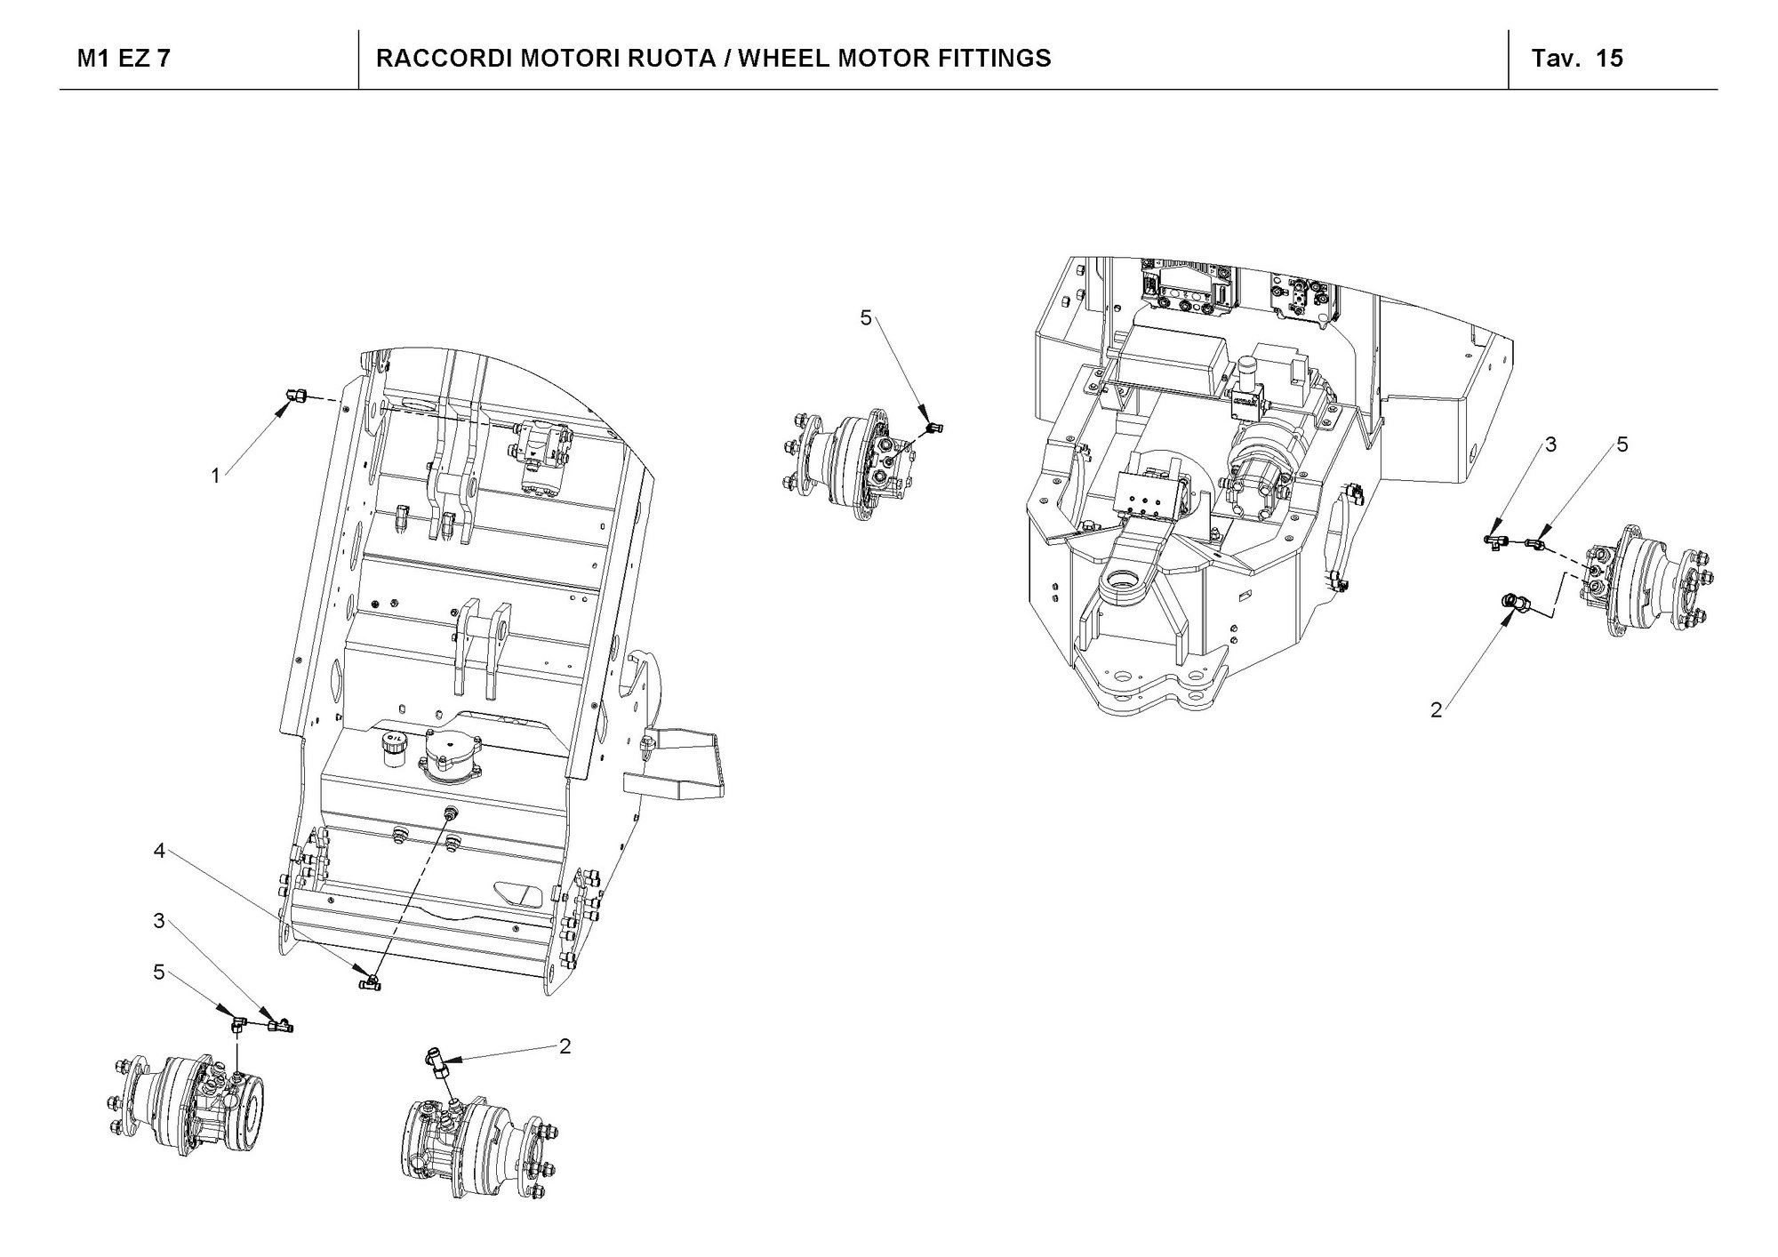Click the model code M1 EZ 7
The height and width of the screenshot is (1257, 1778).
point(124,59)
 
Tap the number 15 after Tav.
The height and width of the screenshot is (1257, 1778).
point(1609,59)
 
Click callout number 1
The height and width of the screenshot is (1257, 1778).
point(215,476)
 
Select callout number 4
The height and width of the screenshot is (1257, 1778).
point(159,851)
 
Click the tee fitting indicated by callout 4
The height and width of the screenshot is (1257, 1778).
point(368,982)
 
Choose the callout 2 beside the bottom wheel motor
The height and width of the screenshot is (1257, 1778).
point(565,1046)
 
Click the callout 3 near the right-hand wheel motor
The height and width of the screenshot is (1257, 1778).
point(1551,444)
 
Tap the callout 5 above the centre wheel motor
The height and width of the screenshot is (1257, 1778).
point(866,317)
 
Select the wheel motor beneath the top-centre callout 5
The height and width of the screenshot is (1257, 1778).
point(845,462)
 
